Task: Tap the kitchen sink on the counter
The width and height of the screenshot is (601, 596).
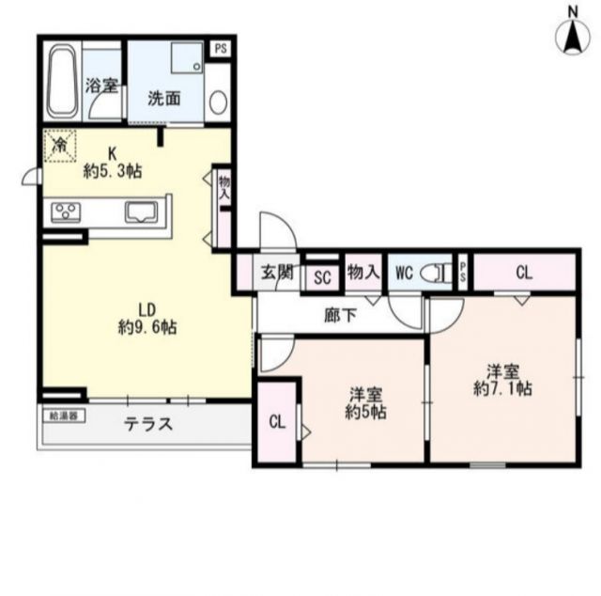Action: (142, 212)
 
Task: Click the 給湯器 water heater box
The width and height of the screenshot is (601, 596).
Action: (63, 414)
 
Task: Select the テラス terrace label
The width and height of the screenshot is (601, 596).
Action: (149, 424)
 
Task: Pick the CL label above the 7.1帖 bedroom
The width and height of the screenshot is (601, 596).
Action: (523, 274)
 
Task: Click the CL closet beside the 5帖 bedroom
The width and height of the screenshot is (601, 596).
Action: (277, 422)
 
